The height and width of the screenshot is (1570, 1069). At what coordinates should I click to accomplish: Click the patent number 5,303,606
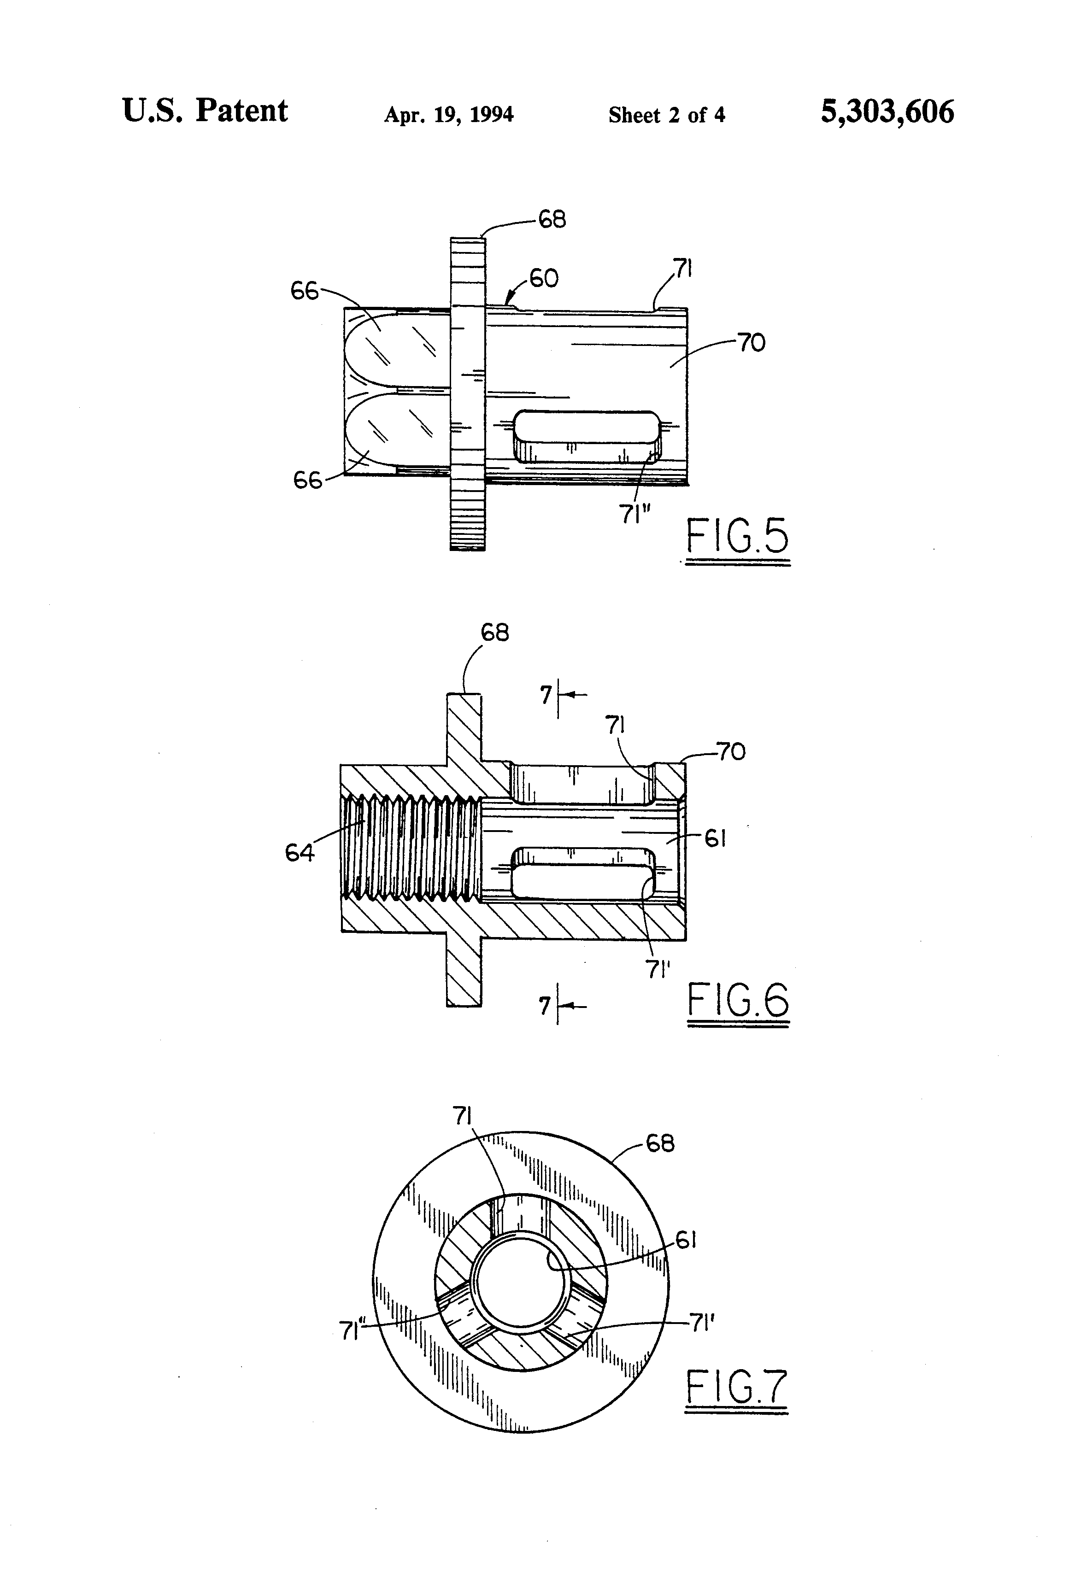(887, 112)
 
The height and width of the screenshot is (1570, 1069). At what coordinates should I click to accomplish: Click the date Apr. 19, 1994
(449, 115)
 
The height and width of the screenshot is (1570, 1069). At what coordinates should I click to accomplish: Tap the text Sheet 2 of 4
(666, 115)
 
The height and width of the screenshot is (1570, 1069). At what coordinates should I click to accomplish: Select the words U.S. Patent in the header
(205, 110)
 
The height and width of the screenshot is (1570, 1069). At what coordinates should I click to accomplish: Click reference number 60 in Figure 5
(543, 278)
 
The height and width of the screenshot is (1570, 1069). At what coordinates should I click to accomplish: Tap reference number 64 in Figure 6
(300, 853)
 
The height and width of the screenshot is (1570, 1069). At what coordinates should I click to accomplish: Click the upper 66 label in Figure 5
(304, 291)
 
